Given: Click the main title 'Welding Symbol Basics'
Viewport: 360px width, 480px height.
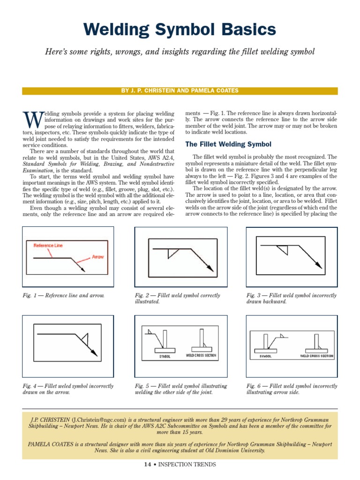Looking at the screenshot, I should (x=180, y=30).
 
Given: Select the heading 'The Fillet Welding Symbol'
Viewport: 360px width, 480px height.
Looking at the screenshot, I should (x=228, y=144).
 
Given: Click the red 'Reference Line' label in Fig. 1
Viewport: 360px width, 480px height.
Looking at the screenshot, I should (x=48, y=245).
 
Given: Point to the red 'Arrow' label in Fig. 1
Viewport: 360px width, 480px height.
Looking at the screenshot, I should (x=97, y=257).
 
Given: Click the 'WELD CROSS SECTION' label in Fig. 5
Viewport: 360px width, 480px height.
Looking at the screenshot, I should (x=202, y=356).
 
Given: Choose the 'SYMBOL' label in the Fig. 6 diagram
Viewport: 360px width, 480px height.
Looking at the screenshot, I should (x=266, y=356).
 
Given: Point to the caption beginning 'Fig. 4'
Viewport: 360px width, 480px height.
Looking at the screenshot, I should (x=68, y=389).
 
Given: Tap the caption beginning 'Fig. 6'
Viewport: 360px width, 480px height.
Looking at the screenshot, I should (x=292, y=389).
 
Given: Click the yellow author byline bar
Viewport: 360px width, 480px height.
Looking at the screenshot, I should (x=180, y=90).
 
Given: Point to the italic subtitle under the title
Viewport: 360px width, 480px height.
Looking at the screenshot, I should (x=180, y=52).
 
